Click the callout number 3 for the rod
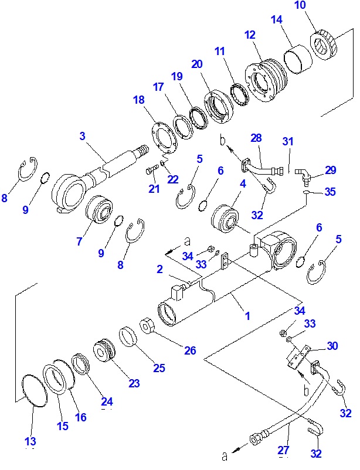[x=83, y=137]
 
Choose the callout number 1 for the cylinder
[x=247, y=316]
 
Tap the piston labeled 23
[x=106, y=351]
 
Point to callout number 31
[x=287, y=141]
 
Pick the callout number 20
[x=196, y=64]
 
